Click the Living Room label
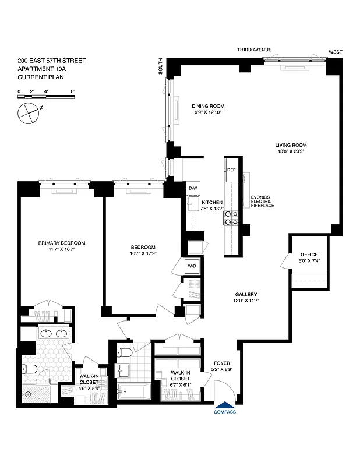click(x=291, y=145)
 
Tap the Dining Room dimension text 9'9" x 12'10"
click(x=208, y=112)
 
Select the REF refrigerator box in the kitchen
click(x=231, y=170)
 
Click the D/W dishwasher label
click(x=193, y=188)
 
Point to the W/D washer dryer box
click(x=192, y=267)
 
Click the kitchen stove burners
click(x=232, y=217)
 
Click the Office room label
click(x=309, y=255)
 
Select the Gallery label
click(x=246, y=294)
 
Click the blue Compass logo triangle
click(x=224, y=405)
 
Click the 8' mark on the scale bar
click(x=72, y=91)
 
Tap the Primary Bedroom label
click(x=62, y=243)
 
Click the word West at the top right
click(x=336, y=52)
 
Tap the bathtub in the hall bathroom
click(x=133, y=391)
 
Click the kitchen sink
click(x=193, y=203)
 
